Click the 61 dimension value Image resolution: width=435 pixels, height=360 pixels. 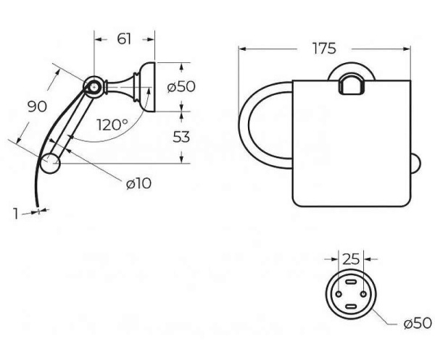pos(124,39)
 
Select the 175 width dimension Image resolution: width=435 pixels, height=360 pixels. pos(324,49)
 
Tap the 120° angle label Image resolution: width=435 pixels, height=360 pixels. pos(112,125)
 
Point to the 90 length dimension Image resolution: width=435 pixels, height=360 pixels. pos(38,106)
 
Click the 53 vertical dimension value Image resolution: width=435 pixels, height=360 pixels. pos(181,137)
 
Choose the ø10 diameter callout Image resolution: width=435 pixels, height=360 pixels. pos(138,183)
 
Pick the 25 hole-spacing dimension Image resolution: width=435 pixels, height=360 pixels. pos(351,259)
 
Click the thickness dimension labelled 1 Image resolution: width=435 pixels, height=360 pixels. pos(16,214)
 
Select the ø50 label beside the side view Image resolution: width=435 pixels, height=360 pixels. pos(181,87)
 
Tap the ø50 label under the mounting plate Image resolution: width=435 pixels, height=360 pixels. pos(418,323)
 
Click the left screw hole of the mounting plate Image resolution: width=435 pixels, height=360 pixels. pos(339,294)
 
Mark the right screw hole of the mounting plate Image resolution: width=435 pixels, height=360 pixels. pos(364,294)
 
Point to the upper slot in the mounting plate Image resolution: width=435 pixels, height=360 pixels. pos(351,282)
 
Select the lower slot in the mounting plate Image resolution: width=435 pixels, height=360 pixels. pos(351,306)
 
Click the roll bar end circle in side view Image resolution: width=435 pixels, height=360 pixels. pos(50,163)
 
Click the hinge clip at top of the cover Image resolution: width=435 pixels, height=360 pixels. pos(352,84)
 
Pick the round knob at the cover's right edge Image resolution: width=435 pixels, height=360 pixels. pos(415,164)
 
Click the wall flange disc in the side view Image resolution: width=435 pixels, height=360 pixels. pos(149,87)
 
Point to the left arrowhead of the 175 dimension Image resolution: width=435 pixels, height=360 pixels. pos(243,49)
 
